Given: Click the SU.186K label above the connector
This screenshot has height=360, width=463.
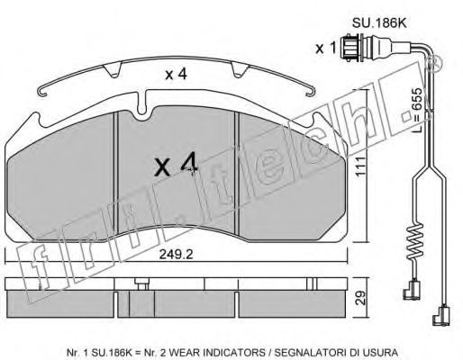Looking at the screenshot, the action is coord(379,23).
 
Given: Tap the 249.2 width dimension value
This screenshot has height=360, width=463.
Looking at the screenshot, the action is coord(176,255).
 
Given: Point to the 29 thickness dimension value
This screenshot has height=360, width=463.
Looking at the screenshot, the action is coord(360,298).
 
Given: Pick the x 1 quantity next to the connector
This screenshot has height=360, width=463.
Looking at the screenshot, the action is coord(325,48).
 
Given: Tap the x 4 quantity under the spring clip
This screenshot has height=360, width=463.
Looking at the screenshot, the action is coord(177,74).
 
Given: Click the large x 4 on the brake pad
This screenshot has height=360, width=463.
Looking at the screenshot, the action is coord(176,165).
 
